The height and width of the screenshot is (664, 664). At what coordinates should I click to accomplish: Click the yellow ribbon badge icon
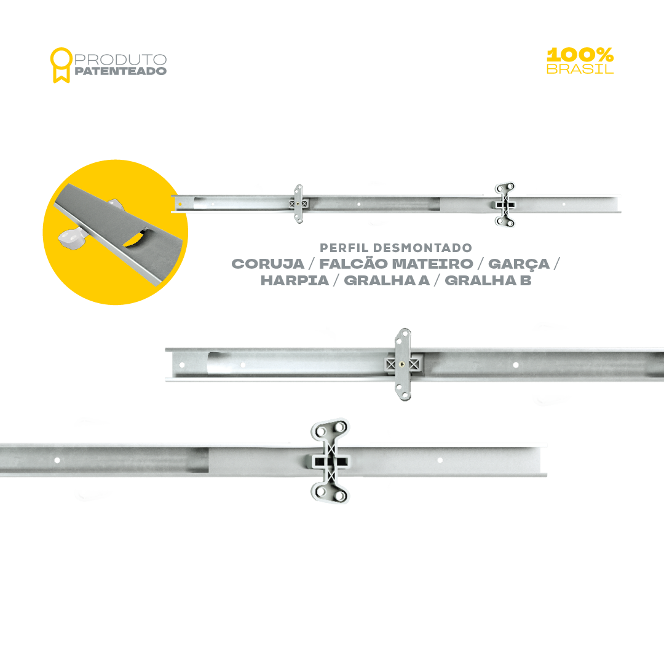61,65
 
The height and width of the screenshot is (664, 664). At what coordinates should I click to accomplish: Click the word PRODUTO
121,59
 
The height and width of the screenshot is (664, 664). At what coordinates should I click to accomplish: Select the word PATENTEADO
121,71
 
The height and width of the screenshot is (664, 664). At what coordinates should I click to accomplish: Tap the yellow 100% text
580,55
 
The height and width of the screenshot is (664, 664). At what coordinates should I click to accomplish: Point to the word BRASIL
580,69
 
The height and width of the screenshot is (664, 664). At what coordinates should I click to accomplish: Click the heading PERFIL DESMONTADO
396,248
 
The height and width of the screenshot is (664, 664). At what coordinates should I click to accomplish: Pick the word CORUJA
268,264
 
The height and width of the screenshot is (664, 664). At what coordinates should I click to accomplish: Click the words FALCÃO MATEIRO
396,264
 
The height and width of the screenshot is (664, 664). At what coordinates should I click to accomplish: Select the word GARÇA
519,264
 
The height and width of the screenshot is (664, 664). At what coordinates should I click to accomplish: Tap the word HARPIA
294,280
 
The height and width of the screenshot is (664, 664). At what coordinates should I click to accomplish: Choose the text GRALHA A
387,280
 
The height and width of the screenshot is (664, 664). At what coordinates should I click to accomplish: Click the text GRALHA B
488,280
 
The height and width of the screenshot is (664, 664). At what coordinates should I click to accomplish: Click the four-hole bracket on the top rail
505,205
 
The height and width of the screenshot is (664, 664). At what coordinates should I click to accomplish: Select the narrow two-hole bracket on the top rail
299,204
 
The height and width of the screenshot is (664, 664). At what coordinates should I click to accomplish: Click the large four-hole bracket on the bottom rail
330,460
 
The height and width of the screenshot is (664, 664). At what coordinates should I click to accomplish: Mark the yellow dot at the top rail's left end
180,204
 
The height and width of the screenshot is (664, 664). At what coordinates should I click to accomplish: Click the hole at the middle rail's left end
182,365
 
